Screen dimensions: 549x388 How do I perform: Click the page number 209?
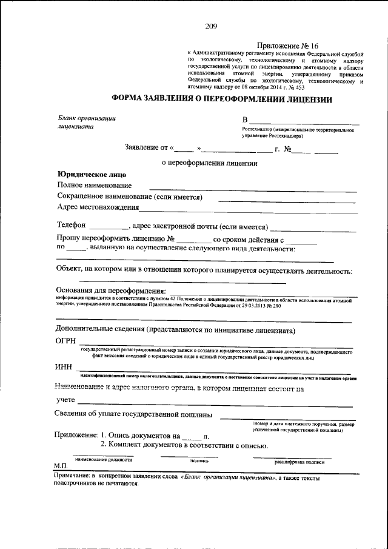tap(211, 26)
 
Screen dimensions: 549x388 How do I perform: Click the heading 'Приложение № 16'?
tap(283, 46)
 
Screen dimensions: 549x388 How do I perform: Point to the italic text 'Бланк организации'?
tap(86, 118)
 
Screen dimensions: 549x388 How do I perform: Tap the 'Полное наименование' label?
tap(94, 185)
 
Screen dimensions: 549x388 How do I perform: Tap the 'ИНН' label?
tap(64, 368)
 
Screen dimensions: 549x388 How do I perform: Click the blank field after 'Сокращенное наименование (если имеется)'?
tap(287, 200)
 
